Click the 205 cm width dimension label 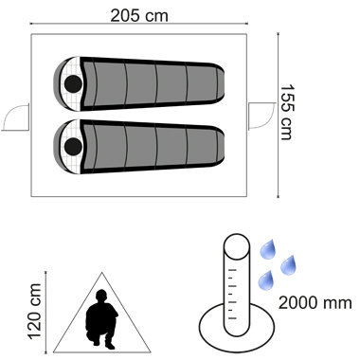[139, 16]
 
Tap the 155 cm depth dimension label [287, 112]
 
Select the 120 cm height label [35, 312]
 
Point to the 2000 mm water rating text [315, 303]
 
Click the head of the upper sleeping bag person [73, 84]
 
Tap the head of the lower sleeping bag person [73, 146]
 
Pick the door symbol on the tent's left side [15, 117]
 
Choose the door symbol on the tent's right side [261, 116]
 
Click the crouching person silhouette [101, 319]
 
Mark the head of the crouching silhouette [101, 296]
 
